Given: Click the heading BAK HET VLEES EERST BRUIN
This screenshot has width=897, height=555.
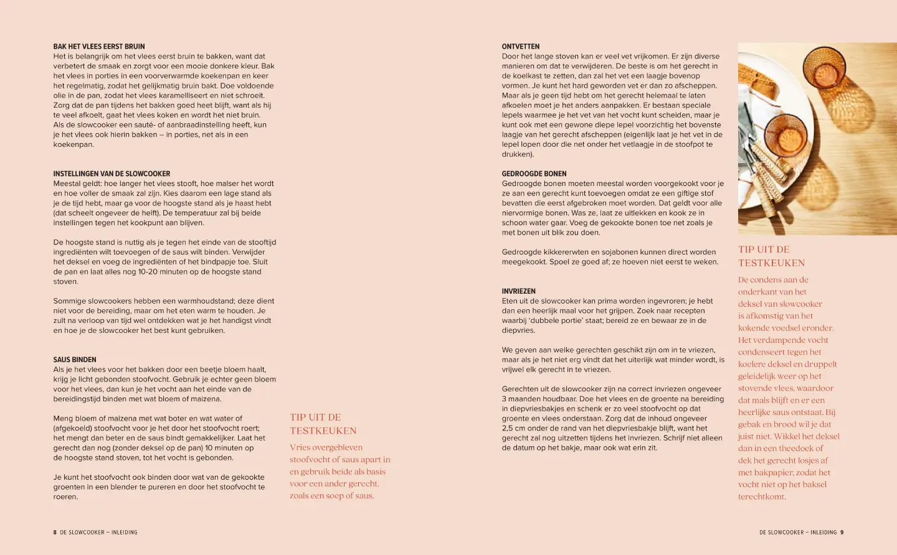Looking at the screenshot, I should point(99,47).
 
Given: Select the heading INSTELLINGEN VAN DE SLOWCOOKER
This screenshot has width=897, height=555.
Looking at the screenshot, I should point(112,174).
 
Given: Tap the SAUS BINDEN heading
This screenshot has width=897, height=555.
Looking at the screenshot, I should point(75,360).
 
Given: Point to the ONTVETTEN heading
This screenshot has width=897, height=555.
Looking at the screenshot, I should point(521,47).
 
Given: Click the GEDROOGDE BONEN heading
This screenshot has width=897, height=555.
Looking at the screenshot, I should point(534,174).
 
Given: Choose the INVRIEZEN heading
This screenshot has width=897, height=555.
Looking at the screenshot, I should point(518,291).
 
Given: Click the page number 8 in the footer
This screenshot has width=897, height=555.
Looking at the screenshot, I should point(55,533).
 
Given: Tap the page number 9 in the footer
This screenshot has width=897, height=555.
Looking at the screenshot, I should point(842,533).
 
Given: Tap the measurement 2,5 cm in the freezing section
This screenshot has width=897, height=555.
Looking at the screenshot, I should point(515,428).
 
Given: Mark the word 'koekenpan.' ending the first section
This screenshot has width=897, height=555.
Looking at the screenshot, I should point(74,144).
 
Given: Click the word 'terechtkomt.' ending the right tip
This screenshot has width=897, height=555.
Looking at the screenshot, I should point(762,497).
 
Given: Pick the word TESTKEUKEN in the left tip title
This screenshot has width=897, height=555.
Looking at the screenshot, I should point(323,431).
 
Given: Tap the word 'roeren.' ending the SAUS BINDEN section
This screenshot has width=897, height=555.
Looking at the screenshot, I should point(65,497).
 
